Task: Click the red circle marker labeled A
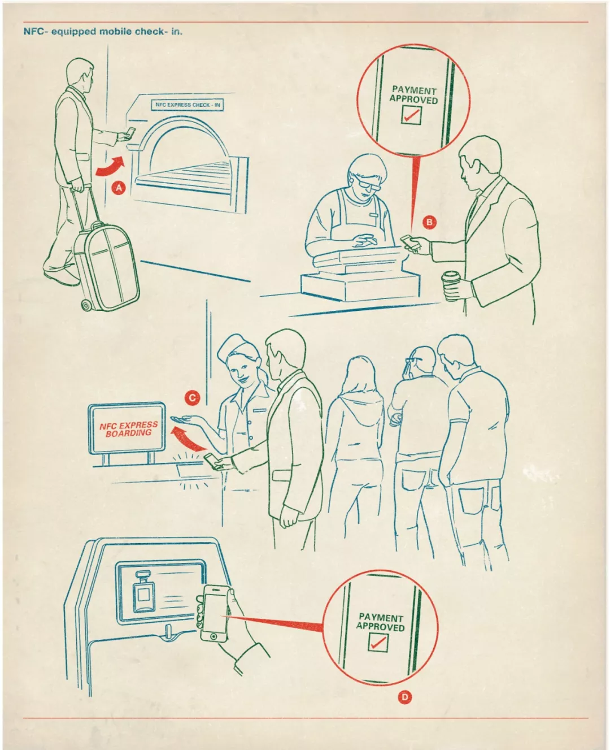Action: tap(119, 188)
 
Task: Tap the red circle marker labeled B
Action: tap(430, 222)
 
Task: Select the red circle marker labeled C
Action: tap(193, 398)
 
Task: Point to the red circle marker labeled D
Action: tap(404, 697)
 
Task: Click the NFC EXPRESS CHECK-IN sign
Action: tap(188, 105)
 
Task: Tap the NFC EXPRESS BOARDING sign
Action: tap(128, 429)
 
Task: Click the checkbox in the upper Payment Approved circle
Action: tap(411, 115)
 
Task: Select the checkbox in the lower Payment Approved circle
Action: tap(378, 642)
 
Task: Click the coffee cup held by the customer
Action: tap(451, 285)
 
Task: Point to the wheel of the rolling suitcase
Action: tap(86, 306)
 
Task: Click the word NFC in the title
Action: tap(33, 31)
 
